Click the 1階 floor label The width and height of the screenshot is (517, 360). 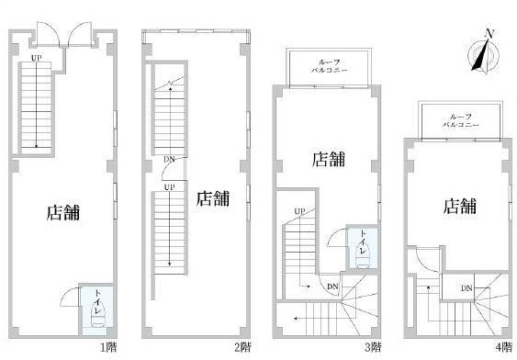108,347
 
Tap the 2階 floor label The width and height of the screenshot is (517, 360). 242,347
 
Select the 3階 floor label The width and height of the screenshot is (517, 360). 373,347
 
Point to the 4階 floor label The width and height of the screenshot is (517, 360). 504,347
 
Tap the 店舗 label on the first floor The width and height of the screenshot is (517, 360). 63,213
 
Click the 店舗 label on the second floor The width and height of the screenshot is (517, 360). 213,198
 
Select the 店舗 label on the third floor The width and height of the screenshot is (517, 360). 329,159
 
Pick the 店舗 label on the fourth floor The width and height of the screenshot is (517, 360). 460,206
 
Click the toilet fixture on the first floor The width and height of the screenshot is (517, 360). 98,315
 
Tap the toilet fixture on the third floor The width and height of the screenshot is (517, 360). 363,256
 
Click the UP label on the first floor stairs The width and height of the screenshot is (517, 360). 36,58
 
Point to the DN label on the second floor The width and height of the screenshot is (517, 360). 170,160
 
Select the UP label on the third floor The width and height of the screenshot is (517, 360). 299,211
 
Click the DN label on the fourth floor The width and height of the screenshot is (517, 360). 466,288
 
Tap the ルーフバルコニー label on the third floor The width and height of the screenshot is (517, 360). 329,66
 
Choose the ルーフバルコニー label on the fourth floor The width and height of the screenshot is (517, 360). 460,120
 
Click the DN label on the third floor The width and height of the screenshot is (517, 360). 332,287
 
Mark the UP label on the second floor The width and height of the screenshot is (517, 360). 170,187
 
